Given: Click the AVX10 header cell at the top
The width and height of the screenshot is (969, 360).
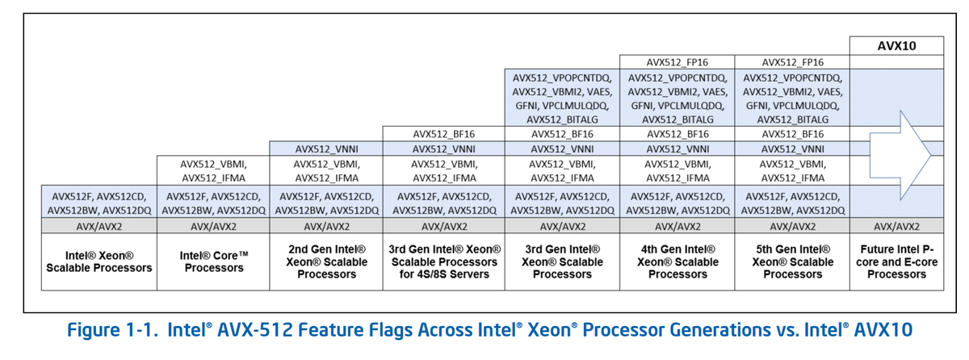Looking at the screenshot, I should (x=896, y=45).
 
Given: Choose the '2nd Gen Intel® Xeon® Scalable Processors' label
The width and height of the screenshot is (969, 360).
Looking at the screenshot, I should (x=327, y=262).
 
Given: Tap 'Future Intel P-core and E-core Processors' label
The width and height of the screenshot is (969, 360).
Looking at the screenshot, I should (x=896, y=262).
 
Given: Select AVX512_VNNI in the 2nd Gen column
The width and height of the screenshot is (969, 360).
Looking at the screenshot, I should (x=327, y=149).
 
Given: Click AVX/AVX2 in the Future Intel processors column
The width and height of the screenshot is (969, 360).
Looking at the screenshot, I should (x=896, y=225).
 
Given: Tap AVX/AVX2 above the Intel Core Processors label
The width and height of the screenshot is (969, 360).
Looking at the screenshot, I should (x=214, y=225).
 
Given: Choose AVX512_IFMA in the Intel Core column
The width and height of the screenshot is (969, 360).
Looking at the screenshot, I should (x=214, y=178).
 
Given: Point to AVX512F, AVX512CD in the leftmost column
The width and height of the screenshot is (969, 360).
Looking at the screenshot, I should (x=99, y=195).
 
